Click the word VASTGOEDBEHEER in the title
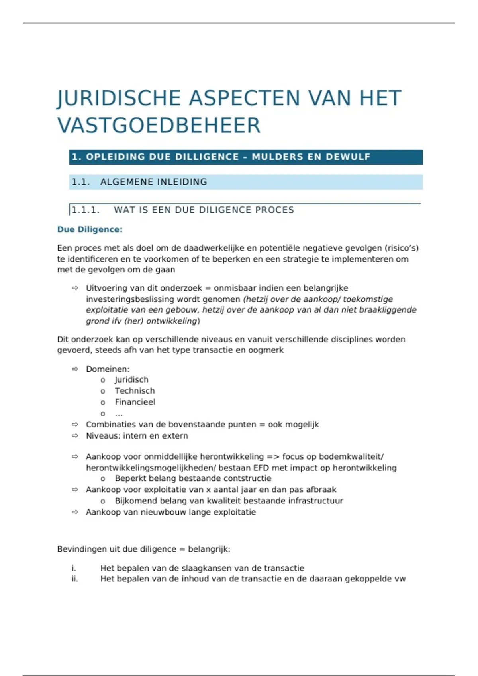[159, 126]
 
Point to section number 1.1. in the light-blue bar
[81, 182]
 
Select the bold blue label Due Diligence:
[90, 229]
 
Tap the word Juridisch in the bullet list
[131, 380]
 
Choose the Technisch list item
[135, 391]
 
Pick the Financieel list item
[135, 402]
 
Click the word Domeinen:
[108, 369]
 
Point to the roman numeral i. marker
[74, 568]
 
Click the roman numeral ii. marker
[75, 579]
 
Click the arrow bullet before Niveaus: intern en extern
[75, 436]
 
